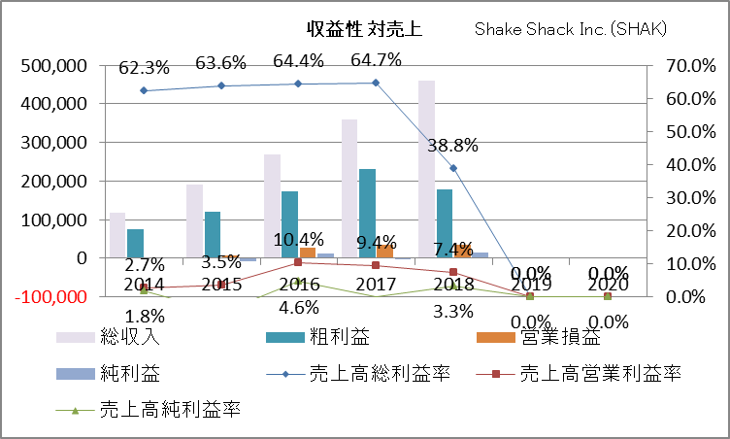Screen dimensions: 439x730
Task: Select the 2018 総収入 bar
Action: pos(427,169)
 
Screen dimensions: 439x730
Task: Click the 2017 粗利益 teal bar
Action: pos(368,213)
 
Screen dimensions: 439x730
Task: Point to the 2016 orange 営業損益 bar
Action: pos(308,253)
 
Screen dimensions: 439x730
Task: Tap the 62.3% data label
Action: pos(144,68)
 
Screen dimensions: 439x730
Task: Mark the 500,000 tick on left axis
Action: pos(53,65)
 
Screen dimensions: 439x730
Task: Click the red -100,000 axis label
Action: pos(51,296)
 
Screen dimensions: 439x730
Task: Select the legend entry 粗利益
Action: pos(323,338)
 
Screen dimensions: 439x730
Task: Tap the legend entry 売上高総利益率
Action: pos(379,373)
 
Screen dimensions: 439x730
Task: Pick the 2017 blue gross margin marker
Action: pos(376,83)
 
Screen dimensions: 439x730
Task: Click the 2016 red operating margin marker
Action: pos(299,262)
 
